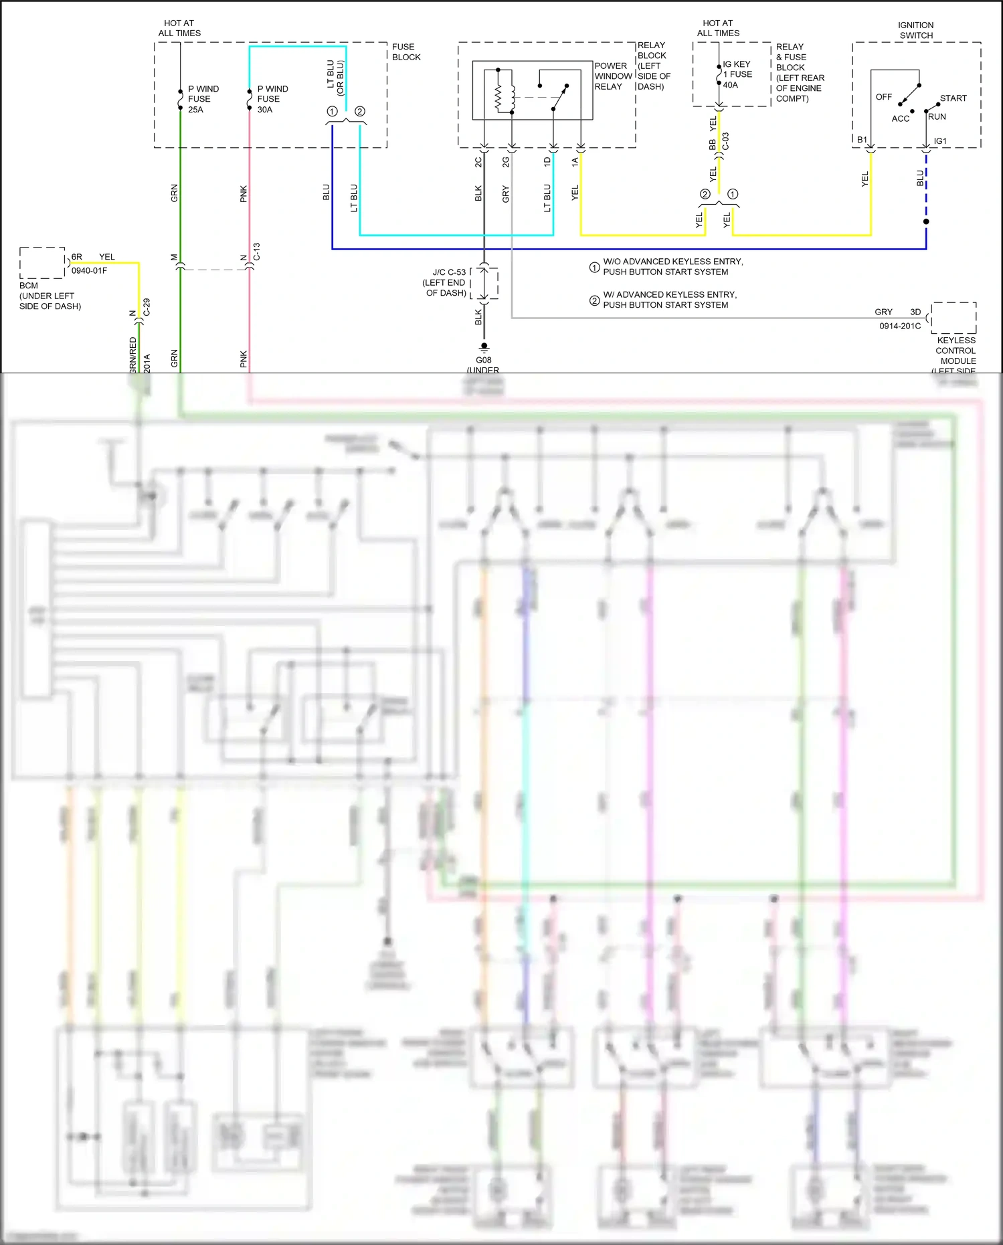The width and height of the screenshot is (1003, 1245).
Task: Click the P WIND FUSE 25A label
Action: [x=203, y=99]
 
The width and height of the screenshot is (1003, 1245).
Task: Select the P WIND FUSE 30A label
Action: [x=272, y=99]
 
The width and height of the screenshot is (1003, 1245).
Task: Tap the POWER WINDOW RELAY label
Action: [x=613, y=76]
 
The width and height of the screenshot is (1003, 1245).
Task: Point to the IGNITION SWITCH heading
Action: [x=915, y=30]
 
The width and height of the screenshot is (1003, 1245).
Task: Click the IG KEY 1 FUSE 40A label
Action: [x=737, y=74]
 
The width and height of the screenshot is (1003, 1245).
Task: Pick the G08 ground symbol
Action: [x=484, y=347]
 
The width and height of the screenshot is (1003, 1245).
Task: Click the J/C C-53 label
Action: [x=448, y=272]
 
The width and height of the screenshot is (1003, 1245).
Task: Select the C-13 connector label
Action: [x=256, y=252]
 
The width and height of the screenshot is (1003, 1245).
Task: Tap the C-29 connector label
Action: [x=147, y=307]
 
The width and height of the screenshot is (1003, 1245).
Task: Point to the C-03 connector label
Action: [x=725, y=141]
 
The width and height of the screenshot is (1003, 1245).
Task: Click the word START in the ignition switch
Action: [x=953, y=98]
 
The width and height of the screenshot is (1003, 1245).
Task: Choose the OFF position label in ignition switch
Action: [x=883, y=97]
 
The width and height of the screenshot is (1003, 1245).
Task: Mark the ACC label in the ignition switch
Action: [x=900, y=118]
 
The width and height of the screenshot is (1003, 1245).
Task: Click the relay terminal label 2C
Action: [x=478, y=162]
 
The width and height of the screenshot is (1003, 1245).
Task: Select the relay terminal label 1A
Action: [x=575, y=162]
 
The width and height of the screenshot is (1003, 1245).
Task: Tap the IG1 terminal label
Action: [x=940, y=141]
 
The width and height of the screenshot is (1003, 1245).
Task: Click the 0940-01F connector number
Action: [x=89, y=270]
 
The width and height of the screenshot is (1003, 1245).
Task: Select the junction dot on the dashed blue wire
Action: [x=926, y=221]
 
